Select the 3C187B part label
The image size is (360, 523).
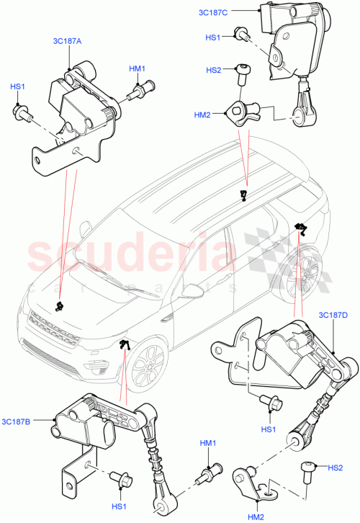tap(16, 421)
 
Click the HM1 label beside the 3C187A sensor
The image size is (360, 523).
tap(138, 69)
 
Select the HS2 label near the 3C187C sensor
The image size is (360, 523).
tap(214, 70)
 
